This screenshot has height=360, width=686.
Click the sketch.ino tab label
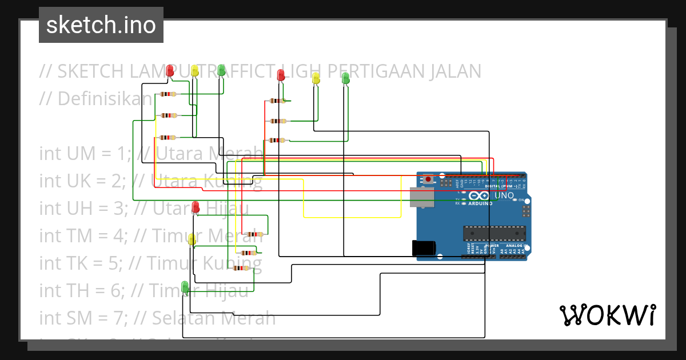click(101, 25)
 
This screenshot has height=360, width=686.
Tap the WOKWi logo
click(607, 315)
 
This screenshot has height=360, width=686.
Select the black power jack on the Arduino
click(424, 247)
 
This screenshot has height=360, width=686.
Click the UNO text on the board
click(504, 195)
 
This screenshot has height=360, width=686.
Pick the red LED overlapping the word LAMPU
click(170, 71)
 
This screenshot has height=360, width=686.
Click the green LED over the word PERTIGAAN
click(345, 78)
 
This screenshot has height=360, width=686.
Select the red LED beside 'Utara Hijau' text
click(196, 207)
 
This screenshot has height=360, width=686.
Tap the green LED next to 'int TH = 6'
click(185, 287)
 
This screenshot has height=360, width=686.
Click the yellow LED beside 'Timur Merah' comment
click(192, 240)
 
